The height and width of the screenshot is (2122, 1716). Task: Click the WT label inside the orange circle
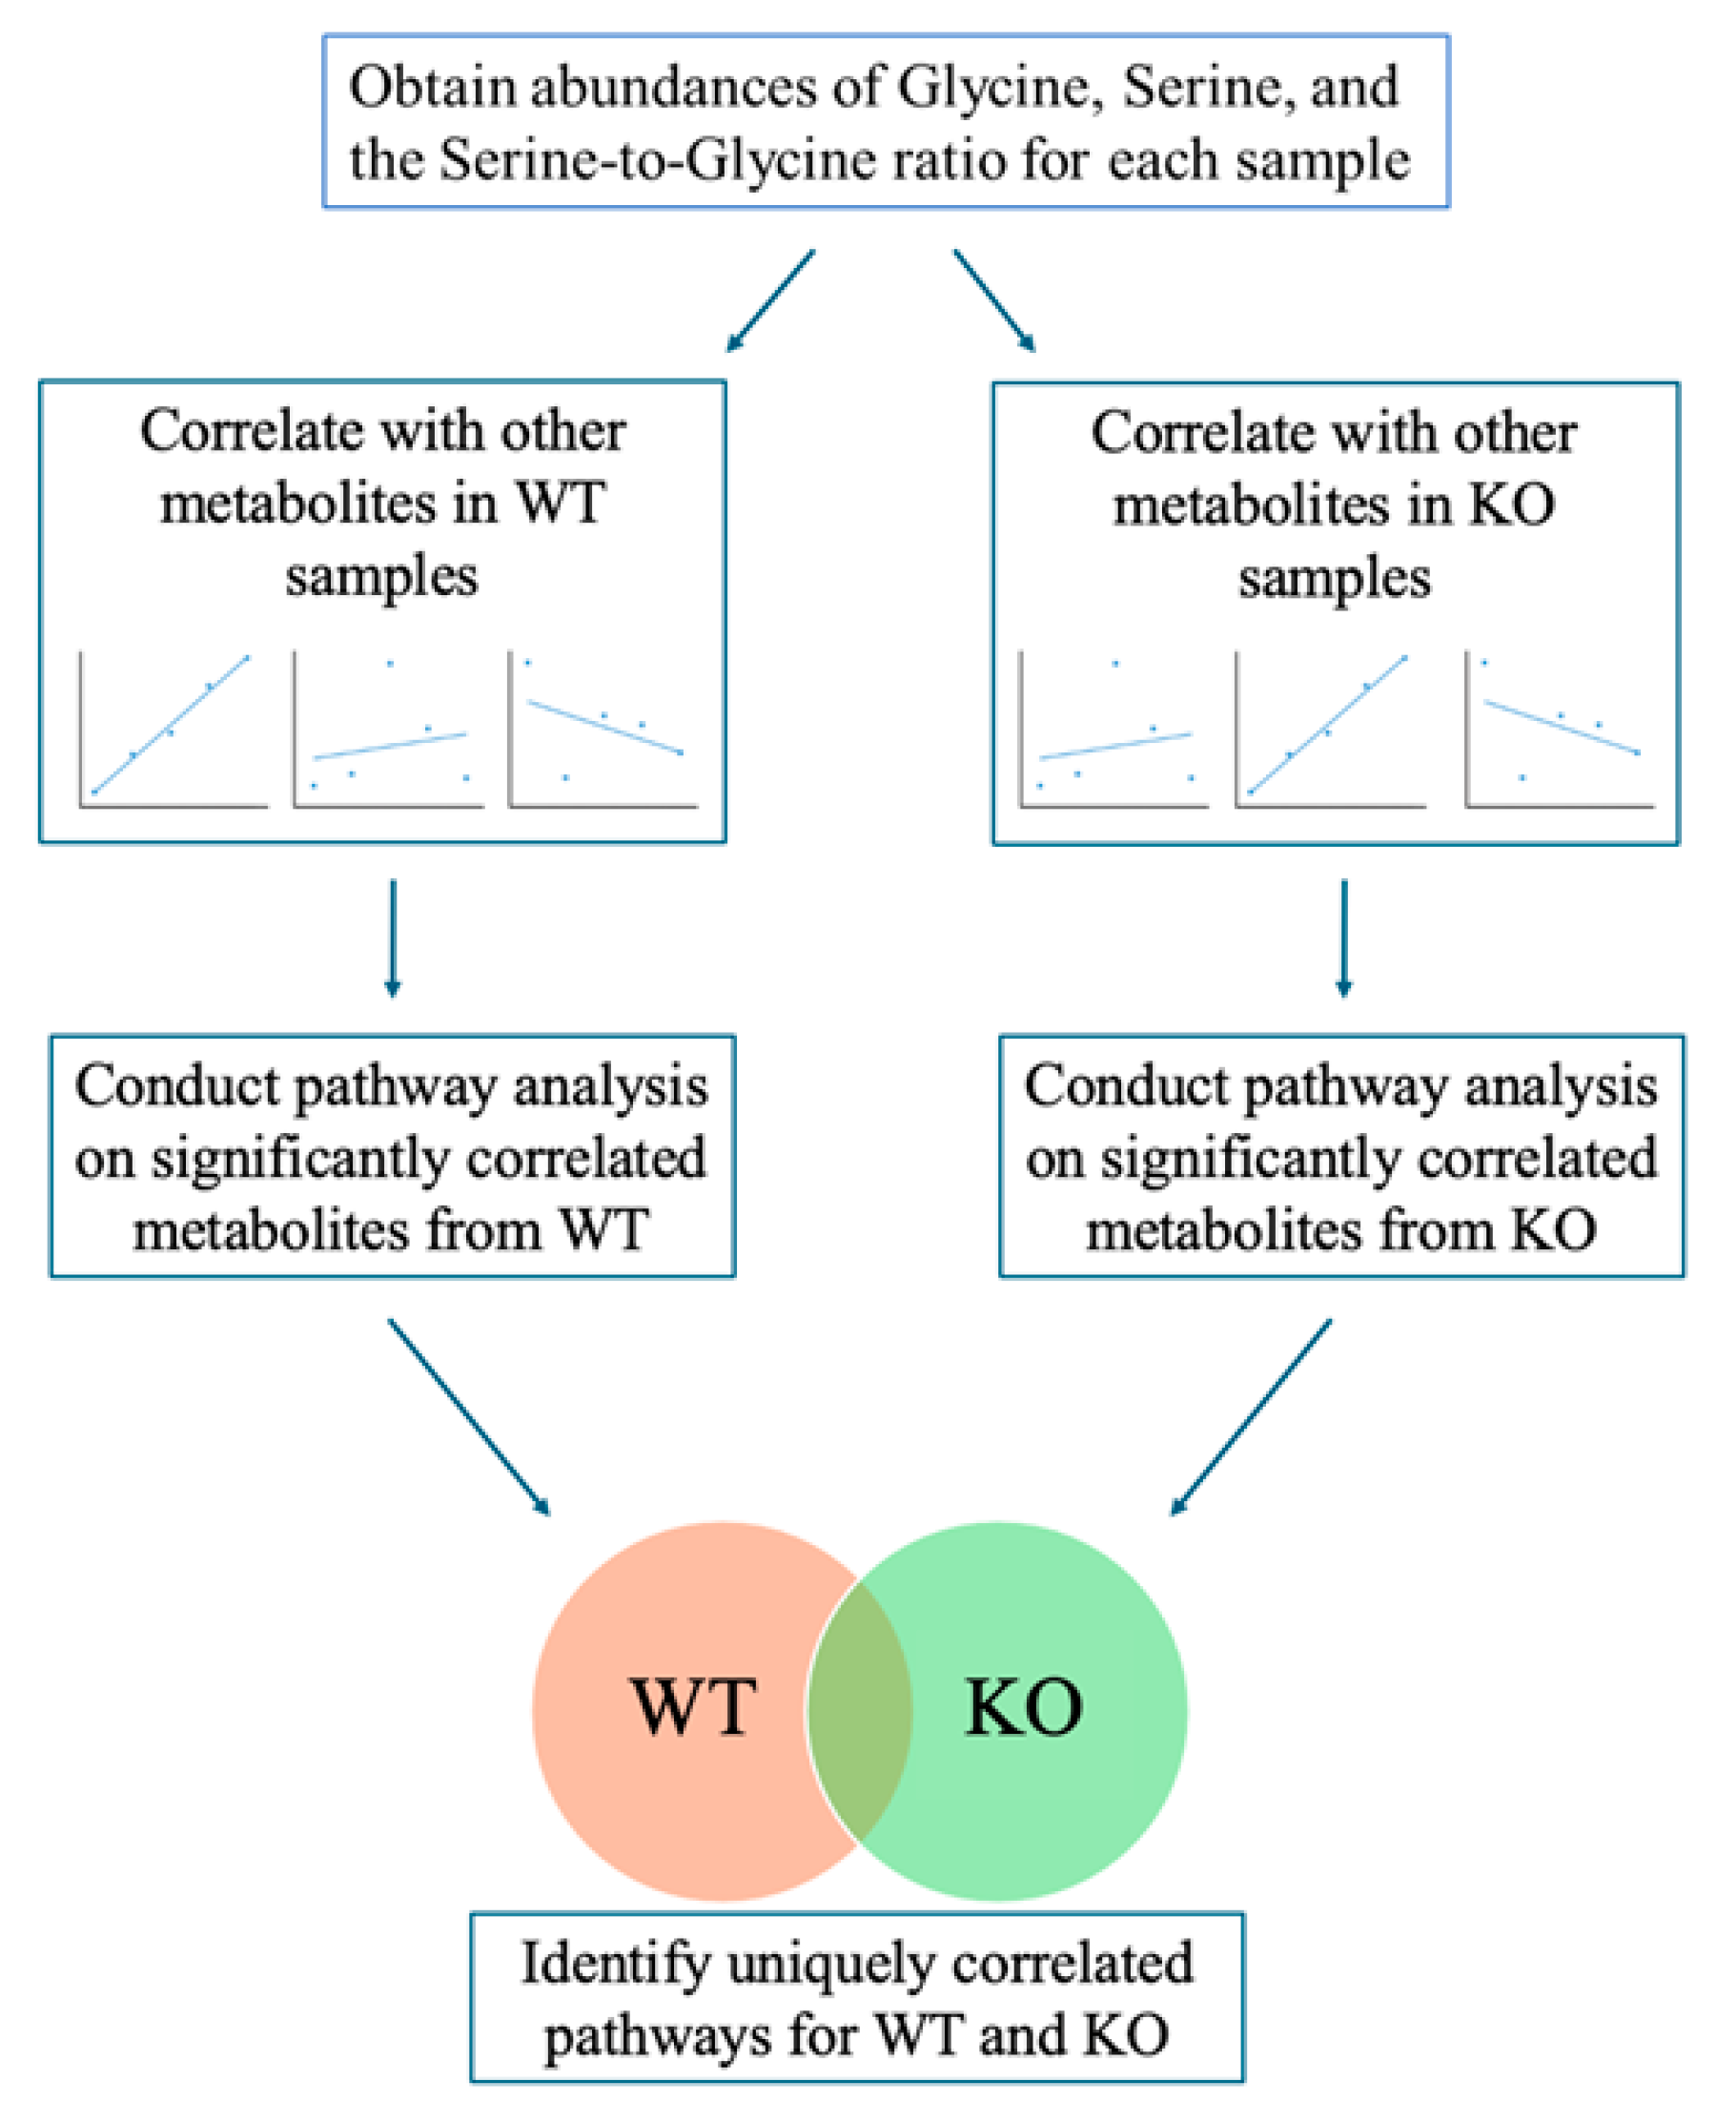tap(694, 1708)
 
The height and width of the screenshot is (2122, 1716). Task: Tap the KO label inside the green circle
tap(1023, 1708)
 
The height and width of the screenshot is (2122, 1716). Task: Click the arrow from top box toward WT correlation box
tap(770, 300)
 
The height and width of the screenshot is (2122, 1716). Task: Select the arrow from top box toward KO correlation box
tap(994, 300)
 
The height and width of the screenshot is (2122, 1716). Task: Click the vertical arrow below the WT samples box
tap(393, 937)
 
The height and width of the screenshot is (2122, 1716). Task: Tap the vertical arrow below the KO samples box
tap(1343, 937)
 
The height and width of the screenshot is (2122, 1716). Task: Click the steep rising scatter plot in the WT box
tap(172, 729)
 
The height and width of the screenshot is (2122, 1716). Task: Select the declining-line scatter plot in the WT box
tap(602, 729)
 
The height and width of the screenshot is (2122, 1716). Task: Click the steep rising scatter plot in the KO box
tap(1329, 729)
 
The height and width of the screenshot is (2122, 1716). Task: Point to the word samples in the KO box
tap(1334, 579)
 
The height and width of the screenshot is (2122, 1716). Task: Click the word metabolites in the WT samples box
tap(297, 505)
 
